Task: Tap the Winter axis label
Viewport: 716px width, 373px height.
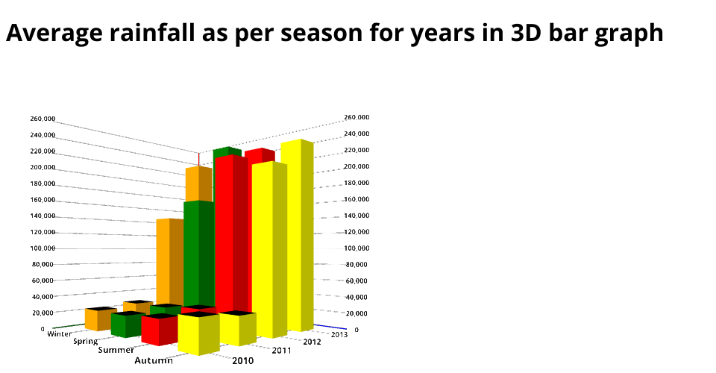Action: (60, 333)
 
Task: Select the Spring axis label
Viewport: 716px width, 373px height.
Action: (86, 342)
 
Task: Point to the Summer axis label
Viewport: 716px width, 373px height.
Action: (116, 350)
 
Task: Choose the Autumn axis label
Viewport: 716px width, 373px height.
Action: (154, 360)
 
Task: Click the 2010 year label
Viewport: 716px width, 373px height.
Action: (242, 361)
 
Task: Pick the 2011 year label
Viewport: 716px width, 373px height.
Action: (282, 350)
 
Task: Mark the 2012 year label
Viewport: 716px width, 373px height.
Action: (313, 342)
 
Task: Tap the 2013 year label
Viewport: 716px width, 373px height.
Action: (339, 334)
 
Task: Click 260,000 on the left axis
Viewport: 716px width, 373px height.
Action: (43, 119)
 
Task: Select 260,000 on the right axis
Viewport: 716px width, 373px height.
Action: (357, 118)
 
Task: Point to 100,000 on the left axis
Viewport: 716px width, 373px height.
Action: (43, 248)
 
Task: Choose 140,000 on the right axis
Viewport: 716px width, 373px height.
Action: (357, 215)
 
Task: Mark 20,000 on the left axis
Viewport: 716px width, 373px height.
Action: (43, 313)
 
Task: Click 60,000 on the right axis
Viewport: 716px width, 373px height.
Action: (357, 280)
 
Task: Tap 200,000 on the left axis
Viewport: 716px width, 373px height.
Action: (43, 167)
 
